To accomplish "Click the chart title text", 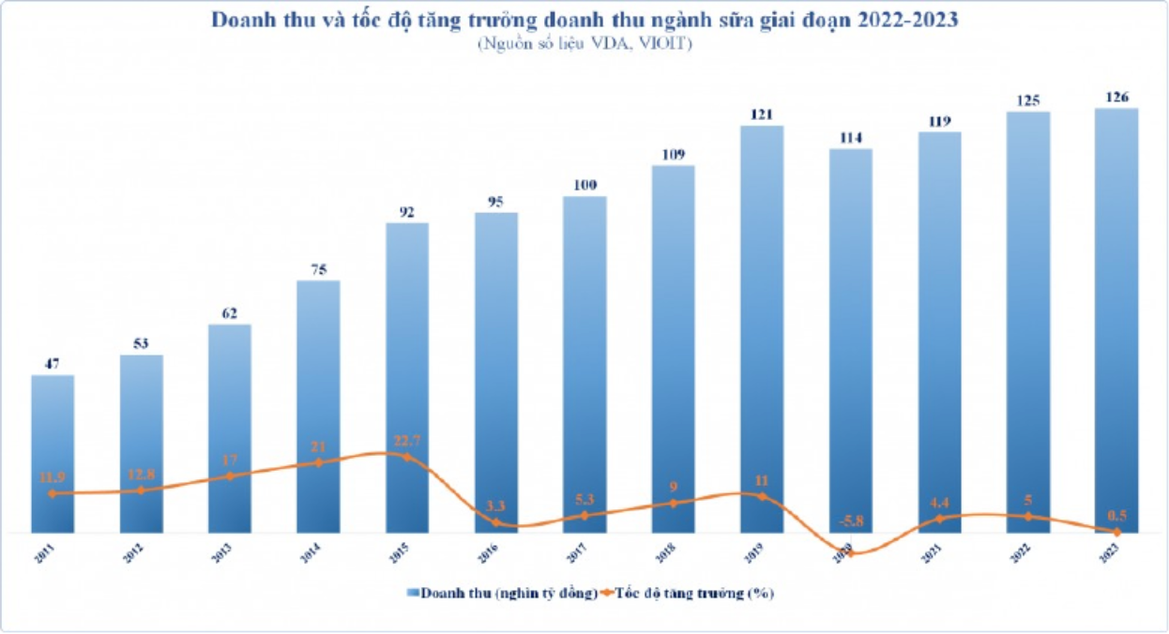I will [x=584, y=21].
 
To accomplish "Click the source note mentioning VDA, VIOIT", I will [x=584, y=44].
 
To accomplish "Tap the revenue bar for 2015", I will [x=407, y=375].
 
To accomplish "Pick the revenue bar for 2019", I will [x=762, y=328].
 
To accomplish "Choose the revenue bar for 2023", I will [x=1116, y=319].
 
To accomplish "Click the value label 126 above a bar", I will [x=1116, y=97].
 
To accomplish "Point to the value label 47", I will [x=53, y=364].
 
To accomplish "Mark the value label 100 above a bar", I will [x=584, y=185].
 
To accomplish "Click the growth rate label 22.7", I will [x=407, y=441].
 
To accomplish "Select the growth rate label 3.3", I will [x=495, y=506].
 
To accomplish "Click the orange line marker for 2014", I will [x=319, y=462].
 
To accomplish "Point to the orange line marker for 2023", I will [x=1116, y=532].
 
